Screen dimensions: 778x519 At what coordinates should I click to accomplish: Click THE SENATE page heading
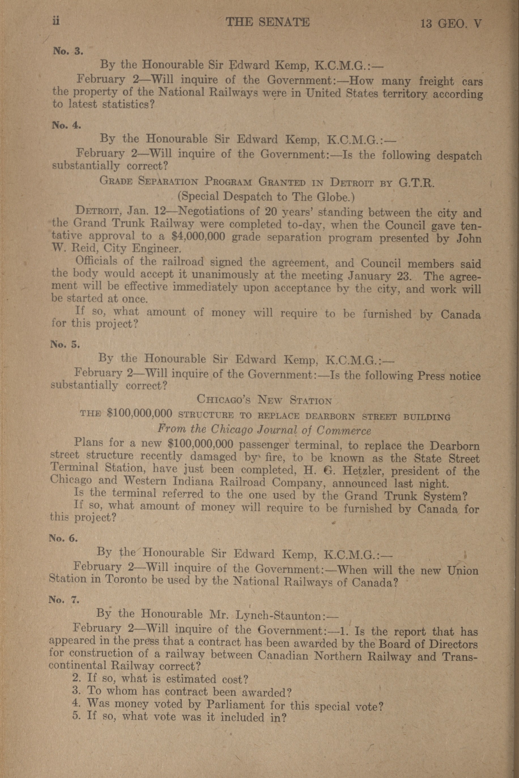pyautogui.click(x=267, y=22)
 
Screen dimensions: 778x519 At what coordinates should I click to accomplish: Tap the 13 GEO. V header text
pyautogui.click(x=450, y=24)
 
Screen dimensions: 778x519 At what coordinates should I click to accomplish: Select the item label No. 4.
pyautogui.click(x=66, y=125)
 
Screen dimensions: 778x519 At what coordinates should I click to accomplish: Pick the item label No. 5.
pyautogui.click(x=65, y=344)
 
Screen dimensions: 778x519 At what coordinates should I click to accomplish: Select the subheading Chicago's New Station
pyautogui.click(x=264, y=399)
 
